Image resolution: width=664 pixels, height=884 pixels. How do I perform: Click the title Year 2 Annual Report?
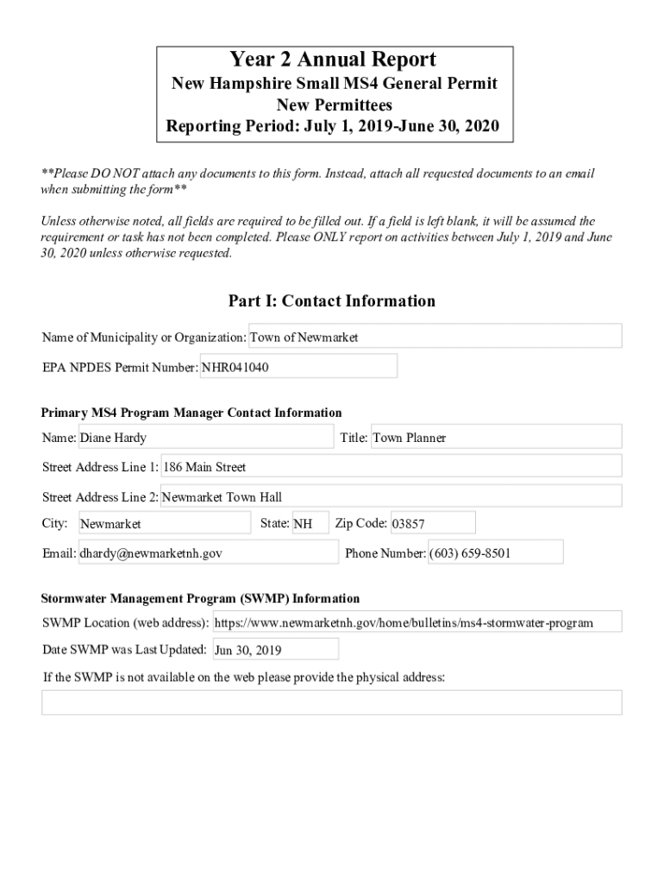332,60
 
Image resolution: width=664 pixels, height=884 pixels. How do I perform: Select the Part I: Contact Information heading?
332,301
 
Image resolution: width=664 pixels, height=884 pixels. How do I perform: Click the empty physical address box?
332,702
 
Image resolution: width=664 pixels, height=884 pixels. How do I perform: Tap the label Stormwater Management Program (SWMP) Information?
201,598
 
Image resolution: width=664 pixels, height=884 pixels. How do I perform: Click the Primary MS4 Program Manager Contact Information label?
191,413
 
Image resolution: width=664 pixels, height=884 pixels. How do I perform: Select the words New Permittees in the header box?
334,105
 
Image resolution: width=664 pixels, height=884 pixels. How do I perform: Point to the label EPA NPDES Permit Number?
120,367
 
